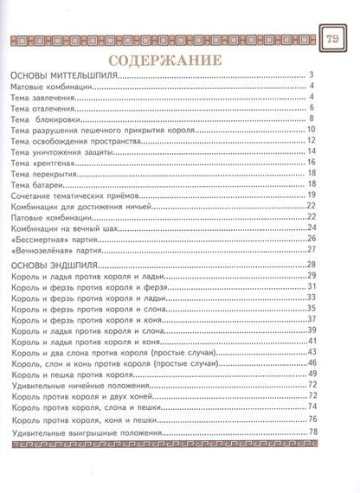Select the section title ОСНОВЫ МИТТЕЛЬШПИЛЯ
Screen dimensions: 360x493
tap(66, 76)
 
